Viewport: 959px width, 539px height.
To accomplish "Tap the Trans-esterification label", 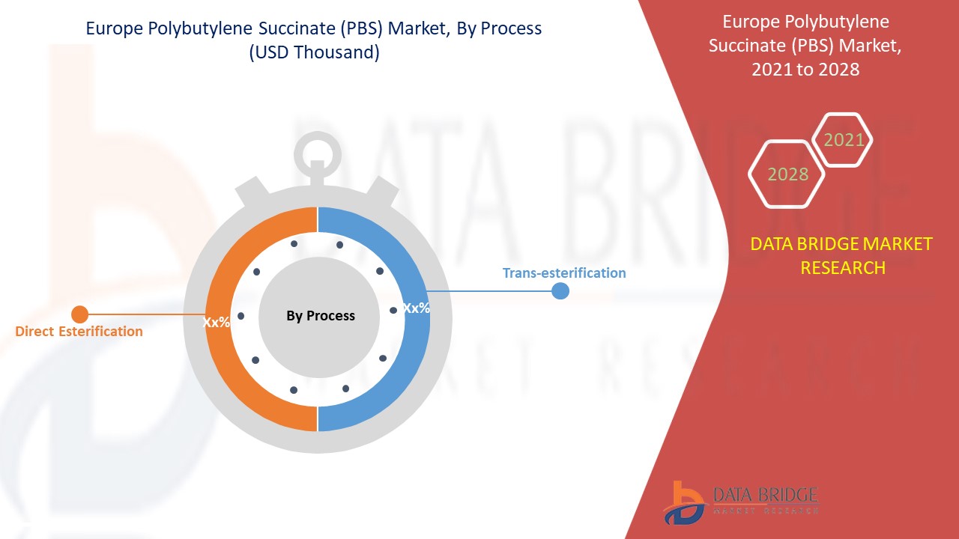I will tap(563, 272).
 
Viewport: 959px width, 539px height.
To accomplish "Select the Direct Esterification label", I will tap(79, 331).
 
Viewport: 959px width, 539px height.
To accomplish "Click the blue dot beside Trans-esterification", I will tap(560, 290).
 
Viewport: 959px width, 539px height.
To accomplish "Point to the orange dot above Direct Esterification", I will tap(79, 314).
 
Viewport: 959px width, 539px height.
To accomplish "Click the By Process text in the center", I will tap(321, 316).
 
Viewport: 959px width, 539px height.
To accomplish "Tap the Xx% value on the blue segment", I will tap(417, 308).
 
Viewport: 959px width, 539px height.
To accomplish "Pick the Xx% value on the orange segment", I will tap(216, 323).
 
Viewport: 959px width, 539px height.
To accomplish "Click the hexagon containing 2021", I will tap(844, 140).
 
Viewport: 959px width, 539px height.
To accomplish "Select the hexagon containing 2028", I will tap(787, 174).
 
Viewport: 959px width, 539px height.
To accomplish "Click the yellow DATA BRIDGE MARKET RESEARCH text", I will tap(842, 255).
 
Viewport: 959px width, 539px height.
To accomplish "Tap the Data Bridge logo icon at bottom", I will tap(683, 502).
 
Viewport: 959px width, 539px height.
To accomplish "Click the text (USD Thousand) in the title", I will tap(314, 53).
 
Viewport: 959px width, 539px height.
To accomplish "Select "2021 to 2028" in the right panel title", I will tap(806, 70).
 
